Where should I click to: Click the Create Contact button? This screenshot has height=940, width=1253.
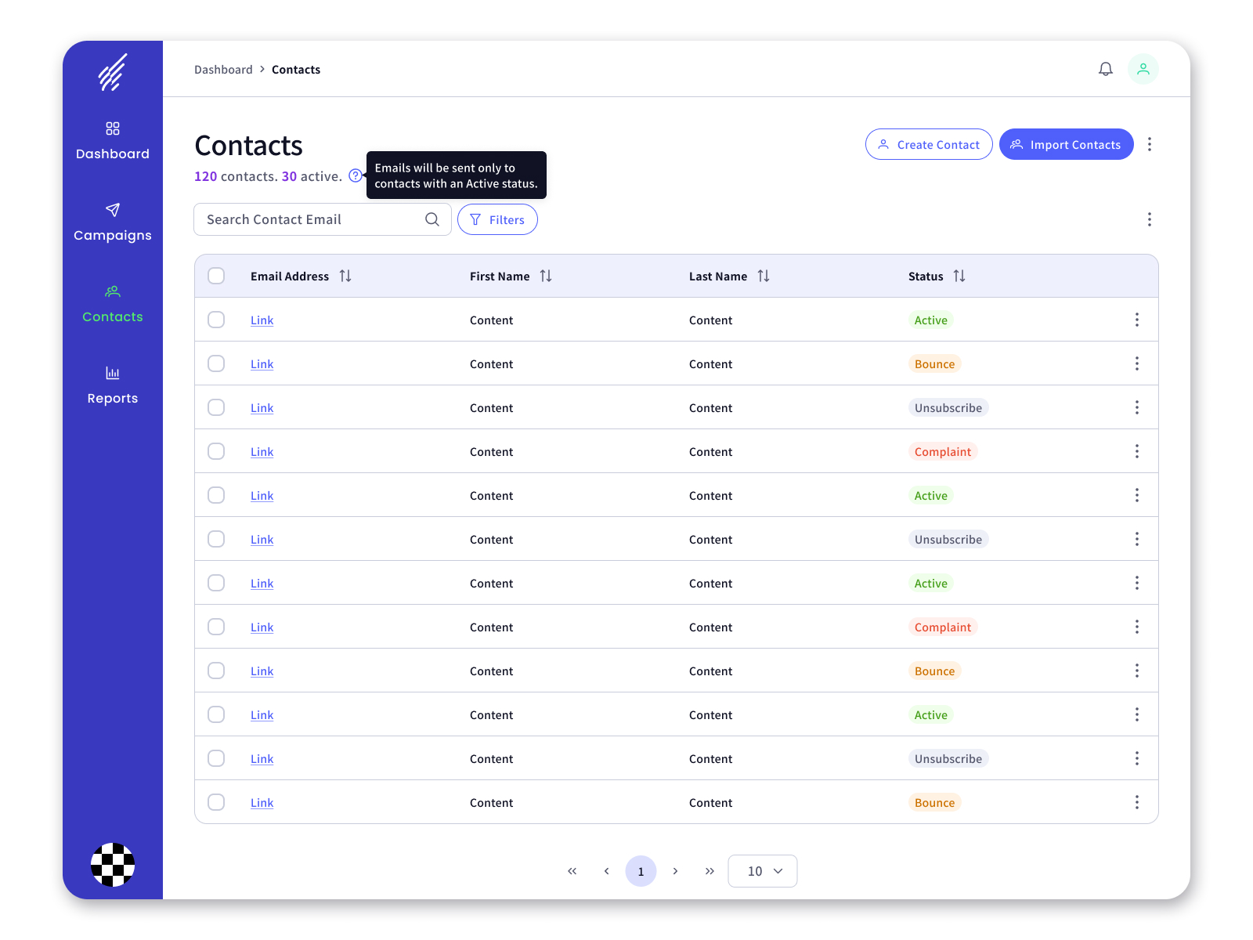(x=928, y=144)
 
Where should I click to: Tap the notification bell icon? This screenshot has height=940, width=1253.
(x=1105, y=69)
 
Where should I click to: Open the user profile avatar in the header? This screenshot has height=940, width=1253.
(x=1143, y=69)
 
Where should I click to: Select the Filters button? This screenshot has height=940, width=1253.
(x=497, y=219)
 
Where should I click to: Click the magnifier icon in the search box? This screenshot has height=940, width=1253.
(x=432, y=219)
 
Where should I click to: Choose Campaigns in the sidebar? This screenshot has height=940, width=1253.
(x=113, y=222)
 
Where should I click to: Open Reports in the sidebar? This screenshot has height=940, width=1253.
(x=113, y=386)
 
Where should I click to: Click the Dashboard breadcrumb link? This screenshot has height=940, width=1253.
(x=223, y=70)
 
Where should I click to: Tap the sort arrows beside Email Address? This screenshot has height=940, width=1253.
(x=345, y=277)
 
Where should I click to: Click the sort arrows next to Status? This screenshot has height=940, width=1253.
(x=959, y=277)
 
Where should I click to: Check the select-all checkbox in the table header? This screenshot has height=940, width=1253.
(x=216, y=276)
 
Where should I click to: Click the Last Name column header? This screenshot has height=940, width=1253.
(x=717, y=277)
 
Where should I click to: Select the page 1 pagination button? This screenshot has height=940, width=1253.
(x=641, y=871)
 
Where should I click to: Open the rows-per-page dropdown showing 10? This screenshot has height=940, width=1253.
(x=762, y=871)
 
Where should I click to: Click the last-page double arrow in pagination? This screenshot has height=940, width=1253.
(x=710, y=871)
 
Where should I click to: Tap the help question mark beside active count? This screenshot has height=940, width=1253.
(x=355, y=175)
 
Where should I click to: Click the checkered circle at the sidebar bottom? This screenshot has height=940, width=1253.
(x=113, y=865)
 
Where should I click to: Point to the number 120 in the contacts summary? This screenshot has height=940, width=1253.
(x=205, y=176)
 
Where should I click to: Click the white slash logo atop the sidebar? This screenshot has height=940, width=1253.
(x=113, y=72)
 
